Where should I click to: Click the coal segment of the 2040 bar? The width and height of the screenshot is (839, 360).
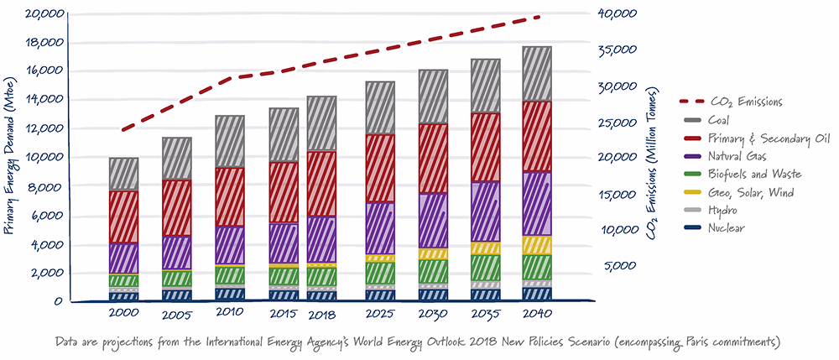[537, 73]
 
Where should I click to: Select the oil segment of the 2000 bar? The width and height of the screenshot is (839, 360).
[123, 217]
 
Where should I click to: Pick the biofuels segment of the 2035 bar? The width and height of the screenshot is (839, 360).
[485, 268]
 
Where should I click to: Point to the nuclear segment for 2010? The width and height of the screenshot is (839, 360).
[230, 294]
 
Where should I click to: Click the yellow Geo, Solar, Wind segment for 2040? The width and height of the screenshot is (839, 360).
[537, 245]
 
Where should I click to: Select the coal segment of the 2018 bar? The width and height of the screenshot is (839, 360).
[321, 123]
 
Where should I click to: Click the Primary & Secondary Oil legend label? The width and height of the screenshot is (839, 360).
[769, 139]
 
